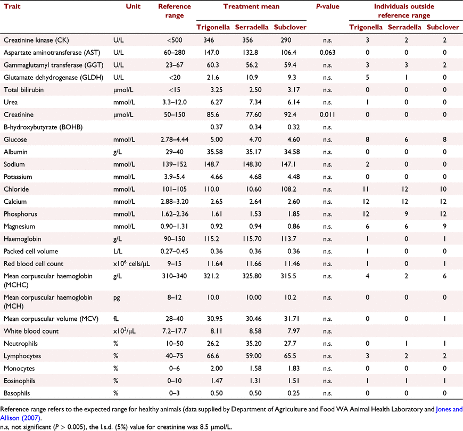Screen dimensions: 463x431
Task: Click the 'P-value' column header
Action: [327, 6]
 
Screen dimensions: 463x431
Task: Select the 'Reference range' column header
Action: [175, 11]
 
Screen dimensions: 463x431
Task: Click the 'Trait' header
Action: [12, 6]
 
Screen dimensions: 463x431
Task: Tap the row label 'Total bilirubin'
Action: [23, 90]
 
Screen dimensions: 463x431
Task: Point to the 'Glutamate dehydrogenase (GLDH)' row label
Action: [53, 77]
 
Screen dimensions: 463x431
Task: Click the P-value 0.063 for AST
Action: [327, 53]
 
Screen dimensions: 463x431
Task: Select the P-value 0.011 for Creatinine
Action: [327, 114]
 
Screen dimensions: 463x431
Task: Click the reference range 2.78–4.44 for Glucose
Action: [175, 139]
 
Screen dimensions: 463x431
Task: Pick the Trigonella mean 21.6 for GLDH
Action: [213, 77]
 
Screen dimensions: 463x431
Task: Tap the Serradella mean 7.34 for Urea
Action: [255, 102]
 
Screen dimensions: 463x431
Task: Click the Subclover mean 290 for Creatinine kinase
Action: [286, 40]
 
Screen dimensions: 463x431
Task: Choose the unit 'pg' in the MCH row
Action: [117, 298]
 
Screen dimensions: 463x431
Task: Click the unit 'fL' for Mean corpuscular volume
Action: [116, 319]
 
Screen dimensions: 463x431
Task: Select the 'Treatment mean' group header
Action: [251, 6]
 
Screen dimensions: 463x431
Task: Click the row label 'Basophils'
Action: [17, 393]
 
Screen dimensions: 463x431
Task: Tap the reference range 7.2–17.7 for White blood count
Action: [175, 331]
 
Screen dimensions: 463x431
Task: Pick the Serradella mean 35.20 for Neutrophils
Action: [254, 344]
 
